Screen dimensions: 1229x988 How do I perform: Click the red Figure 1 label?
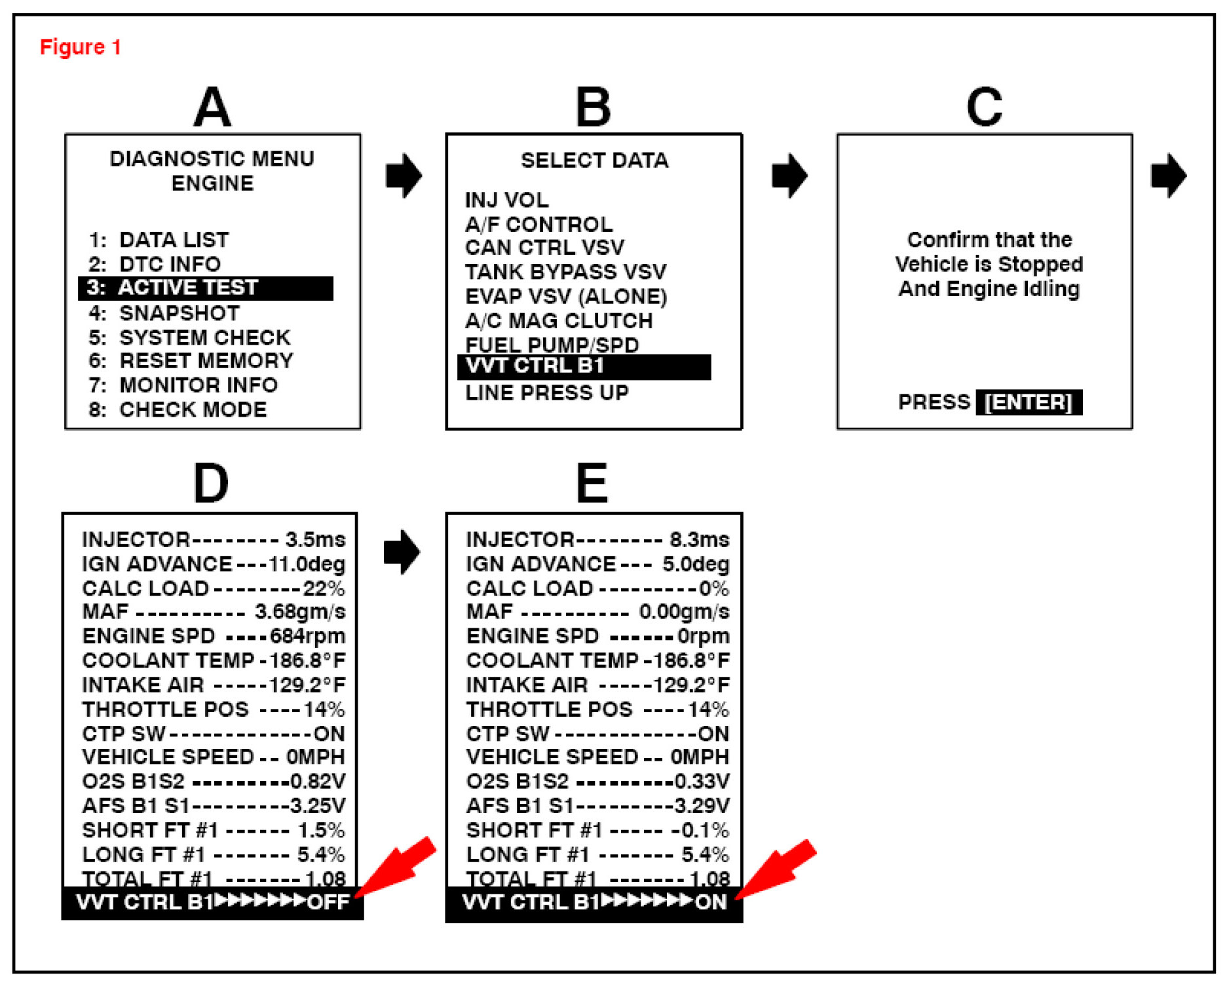point(81,47)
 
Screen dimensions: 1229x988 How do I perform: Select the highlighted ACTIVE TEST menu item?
point(205,288)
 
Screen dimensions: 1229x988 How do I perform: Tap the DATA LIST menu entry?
point(174,240)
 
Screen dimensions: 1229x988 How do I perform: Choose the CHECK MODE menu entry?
point(193,409)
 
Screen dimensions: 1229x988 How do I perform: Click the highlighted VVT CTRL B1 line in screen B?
point(583,366)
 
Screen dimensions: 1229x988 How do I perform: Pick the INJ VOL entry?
point(506,200)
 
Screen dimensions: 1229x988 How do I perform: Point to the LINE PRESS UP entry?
point(546,393)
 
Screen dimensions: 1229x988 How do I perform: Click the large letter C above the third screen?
point(984,107)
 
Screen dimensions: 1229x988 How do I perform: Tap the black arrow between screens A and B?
point(404,176)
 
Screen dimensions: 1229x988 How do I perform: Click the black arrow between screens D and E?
point(402,552)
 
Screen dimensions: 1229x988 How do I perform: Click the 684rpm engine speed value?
point(307,636)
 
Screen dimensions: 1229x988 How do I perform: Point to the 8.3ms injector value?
point(699,540)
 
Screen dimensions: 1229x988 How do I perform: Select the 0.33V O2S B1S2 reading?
point(702,782)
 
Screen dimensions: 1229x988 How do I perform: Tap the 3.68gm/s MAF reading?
point(299,612)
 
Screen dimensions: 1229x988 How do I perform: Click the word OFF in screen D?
point(328,902)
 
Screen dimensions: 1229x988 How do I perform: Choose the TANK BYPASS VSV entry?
point(565,272)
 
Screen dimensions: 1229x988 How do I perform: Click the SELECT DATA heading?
point(594,161)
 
